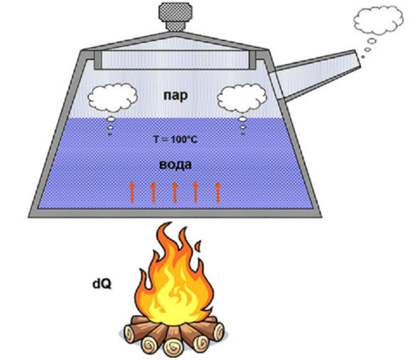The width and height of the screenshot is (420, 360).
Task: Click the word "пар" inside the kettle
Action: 176,96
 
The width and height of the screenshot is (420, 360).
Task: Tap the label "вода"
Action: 176,164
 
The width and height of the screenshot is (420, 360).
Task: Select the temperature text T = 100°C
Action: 176,139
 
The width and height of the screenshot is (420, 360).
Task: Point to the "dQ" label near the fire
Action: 102,284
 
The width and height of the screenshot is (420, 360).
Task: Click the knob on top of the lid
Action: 176,16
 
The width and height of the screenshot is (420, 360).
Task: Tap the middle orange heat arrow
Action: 175,192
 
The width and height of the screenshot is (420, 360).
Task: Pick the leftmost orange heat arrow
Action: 131,192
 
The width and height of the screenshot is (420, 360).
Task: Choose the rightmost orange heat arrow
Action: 217,192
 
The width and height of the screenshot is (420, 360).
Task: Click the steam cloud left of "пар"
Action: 113,97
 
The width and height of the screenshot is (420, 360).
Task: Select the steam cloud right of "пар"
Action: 242,98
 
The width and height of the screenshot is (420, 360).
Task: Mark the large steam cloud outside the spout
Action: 379,20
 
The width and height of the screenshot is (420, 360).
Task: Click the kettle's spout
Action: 316,75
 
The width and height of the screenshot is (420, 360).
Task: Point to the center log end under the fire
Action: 173,346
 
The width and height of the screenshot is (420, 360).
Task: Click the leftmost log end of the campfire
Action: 129,334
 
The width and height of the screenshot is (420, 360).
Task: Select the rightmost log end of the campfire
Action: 219,332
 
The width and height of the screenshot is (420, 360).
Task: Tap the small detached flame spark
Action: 198,245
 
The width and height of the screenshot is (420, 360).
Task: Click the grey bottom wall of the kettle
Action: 176,213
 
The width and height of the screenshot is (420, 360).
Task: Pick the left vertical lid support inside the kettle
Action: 98,60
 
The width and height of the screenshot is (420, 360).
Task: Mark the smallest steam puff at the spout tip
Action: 363,57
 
